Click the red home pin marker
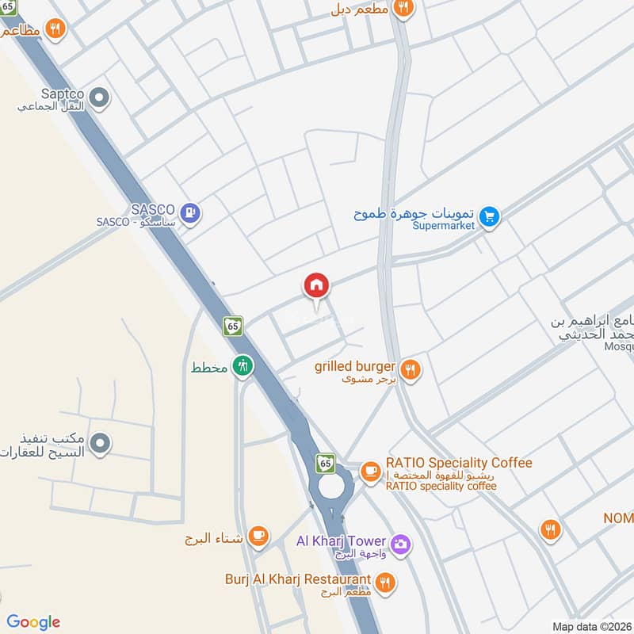(316, 286)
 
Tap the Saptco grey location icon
(99, 99)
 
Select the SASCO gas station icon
(189, 212)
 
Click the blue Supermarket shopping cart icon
(490, 216)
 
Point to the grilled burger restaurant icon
(410, 369)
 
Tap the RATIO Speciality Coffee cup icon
(370, 470)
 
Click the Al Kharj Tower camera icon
(400, 543)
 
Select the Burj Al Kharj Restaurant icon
(385, 582)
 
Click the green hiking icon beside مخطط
(243, 366)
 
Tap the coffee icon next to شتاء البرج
(258, 536)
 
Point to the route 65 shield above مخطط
(233, 326)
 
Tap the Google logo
(33, 622)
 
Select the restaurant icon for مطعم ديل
(403, 7)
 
